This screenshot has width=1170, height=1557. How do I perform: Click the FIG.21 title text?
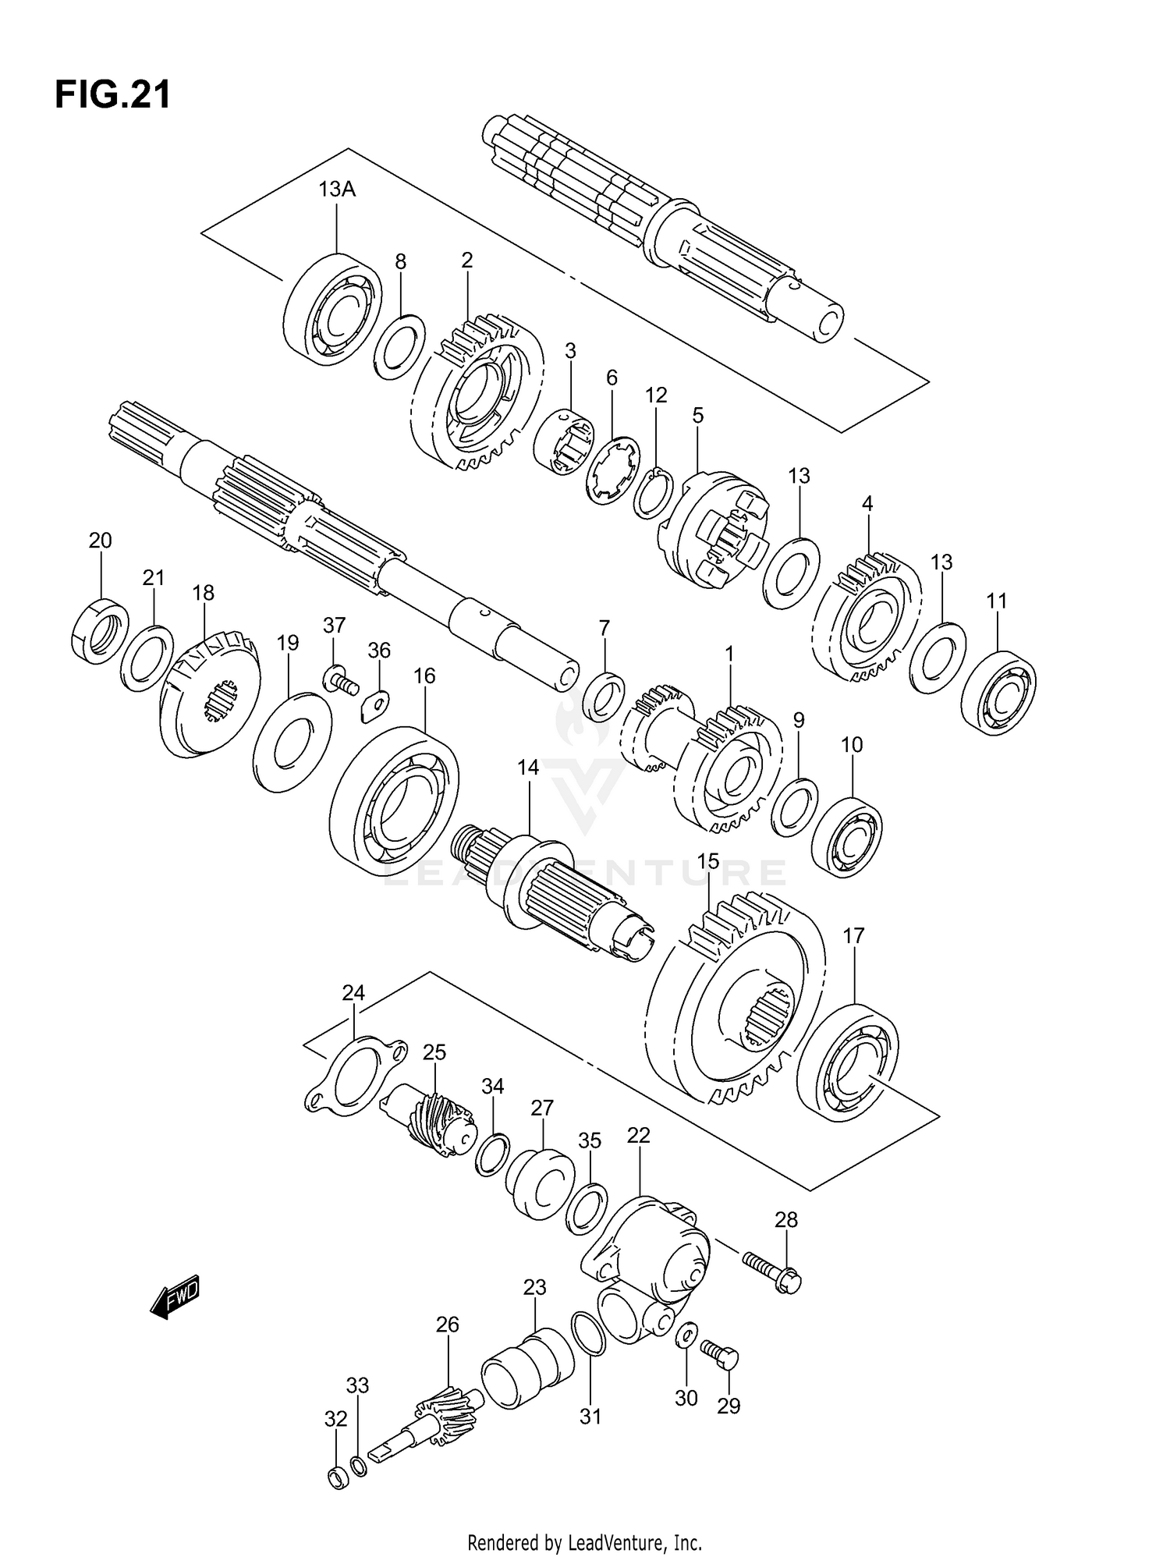[x=112, y=95]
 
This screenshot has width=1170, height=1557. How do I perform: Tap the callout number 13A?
[x=337, y=190]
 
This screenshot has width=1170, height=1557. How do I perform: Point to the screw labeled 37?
[x=340, y=680]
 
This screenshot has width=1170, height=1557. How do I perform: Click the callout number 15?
[x=707, y=861]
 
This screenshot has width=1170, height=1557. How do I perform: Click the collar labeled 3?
[x=564, y=440]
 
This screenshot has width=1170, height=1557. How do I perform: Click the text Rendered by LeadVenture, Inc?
[x=584, y=1542]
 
